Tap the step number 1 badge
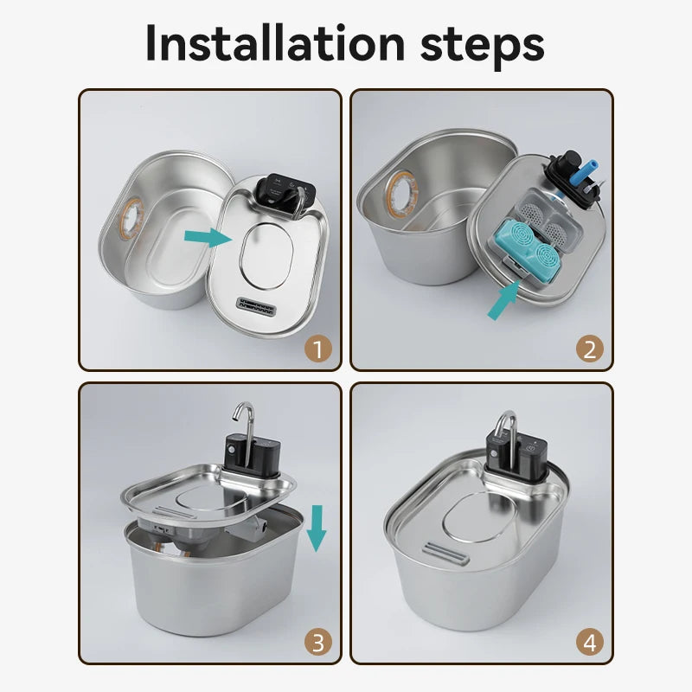[319, 349]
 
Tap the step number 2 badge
[589, 349]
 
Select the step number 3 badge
[319, 642]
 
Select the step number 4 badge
[589, 642]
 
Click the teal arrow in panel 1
[208, 236]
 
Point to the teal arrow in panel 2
[506, 299]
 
